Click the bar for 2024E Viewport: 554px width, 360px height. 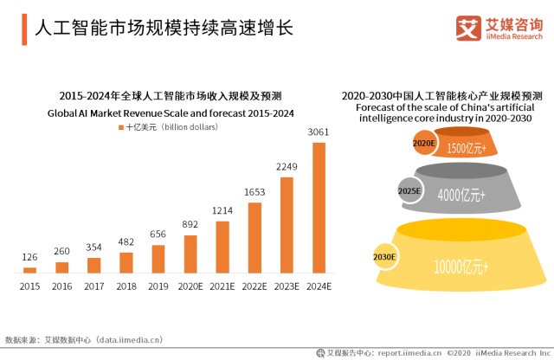[319, 208]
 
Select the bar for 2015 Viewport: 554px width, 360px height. [29, 270]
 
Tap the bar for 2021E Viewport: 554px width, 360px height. [222, 247]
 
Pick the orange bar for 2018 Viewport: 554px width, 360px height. [126, 263]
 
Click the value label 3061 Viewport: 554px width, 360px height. [319, 132]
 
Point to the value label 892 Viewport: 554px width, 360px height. [190, 224]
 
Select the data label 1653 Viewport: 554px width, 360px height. [254, 192]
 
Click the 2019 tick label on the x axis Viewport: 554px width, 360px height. [158, 286]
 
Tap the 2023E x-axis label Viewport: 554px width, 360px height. [287, 286]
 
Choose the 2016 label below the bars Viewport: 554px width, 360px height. [61, 286]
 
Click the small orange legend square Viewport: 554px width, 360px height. [121, 127]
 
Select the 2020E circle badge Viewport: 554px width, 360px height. [424, 143]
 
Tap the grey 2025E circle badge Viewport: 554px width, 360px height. [409, 191]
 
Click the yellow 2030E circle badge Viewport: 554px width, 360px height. [384, 257]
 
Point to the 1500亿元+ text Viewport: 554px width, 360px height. [467, 148]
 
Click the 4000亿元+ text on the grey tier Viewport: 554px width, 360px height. [461, 195]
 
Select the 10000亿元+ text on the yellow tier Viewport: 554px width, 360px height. [461, 267]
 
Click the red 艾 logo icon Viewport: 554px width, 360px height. [468, 29]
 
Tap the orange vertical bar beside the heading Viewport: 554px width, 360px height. [24, 29]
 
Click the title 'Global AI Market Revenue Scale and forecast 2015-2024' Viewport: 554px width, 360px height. [171, 113]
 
